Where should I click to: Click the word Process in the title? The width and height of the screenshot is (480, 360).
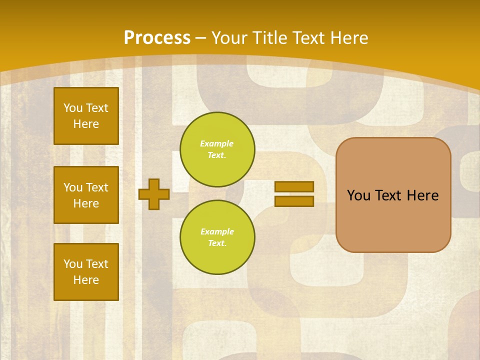point(157,38)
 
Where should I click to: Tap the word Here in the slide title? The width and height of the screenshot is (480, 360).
point(348,38)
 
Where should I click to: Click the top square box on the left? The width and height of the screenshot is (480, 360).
point(86,116)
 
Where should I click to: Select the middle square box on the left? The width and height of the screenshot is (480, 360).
point(86,195)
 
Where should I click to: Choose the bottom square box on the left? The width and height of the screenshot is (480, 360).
point(86,272)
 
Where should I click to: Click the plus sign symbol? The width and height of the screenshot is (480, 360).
point(154,194)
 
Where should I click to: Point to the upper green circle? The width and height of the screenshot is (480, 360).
point(217,149)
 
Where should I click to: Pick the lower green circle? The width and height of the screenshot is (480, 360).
point(217,237)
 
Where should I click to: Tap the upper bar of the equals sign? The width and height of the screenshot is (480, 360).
point(294,186)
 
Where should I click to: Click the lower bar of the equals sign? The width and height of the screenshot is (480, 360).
point(294,201)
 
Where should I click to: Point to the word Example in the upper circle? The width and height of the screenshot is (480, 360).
point(216,143)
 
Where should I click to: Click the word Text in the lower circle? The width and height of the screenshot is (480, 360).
point(217,243)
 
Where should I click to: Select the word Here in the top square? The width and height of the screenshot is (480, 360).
point(86,124)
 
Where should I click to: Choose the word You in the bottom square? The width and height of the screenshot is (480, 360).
point(73,264)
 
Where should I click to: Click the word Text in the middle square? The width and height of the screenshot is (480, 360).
point(97,187)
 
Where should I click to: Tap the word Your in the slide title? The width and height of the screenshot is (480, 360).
point(229,38)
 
